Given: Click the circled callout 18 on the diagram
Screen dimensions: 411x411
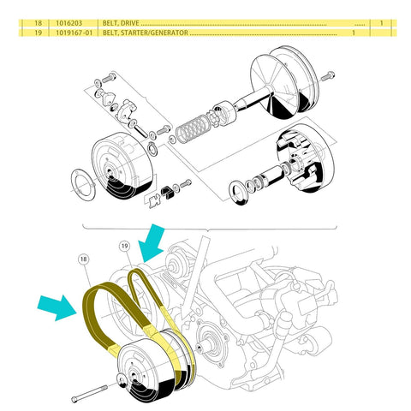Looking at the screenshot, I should pyautogui.click(x=83, y=258).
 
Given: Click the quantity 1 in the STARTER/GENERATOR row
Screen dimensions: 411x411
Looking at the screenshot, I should pyautogui.click(x=354, y=33).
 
